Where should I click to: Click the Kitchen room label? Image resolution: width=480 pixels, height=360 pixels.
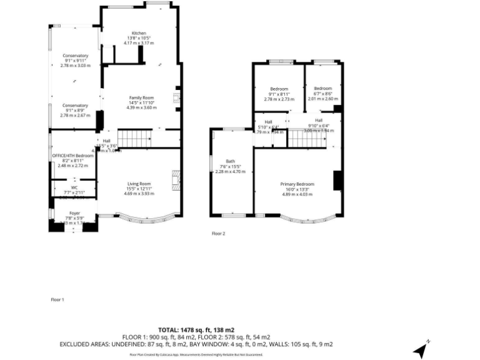pyautogui.click(x=138, y=33)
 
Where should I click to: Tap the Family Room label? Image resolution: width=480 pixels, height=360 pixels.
pyautogui.click(x=141, y=98)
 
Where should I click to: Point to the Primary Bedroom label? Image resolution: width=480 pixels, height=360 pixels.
pyautogui.click(x=297, y=184)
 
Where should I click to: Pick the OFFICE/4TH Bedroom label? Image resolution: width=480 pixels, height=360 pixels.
pyautogui.click(x=72, y=155)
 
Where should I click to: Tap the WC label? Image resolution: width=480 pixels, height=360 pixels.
pyautogui.click(x=74, y=187)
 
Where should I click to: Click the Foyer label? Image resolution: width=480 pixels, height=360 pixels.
pyautogui.click(x=74, y=214)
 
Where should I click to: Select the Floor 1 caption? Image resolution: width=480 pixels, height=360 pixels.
pyautogui.click(x=57, y=300)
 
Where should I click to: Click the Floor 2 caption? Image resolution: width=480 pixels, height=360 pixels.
pyautogui.click(x=218, y=233)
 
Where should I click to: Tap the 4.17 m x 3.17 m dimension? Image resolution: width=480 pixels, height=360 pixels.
pyautogui.click(x=138, y=42)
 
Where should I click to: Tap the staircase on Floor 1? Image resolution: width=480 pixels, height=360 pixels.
pyautogui.click(x=135, y=139)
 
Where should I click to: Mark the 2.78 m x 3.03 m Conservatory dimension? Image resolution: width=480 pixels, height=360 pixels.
pyautogui.click(x=75, y=65)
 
